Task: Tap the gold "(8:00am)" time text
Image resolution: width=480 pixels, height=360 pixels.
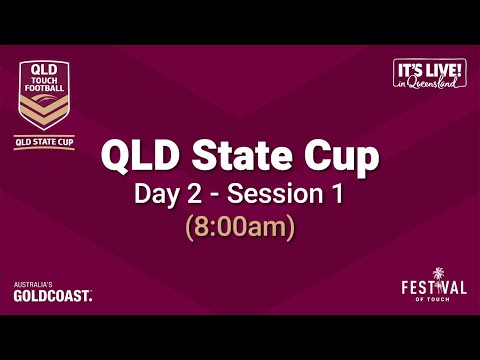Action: coord(239,227)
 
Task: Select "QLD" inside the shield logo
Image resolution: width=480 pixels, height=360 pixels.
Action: coord(43,73)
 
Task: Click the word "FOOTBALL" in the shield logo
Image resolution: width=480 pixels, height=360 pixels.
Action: coord(43,91)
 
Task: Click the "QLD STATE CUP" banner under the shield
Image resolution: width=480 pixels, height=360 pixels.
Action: coord(43,142)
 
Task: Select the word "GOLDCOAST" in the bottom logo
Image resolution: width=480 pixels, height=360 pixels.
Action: coord(52,296)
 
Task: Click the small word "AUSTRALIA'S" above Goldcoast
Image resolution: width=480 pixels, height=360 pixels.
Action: coord(33,286)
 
